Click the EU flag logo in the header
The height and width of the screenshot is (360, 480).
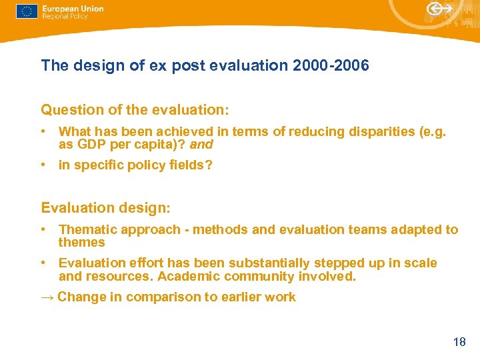[x=27, y=12]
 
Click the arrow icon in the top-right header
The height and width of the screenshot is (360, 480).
[x=439, y=9]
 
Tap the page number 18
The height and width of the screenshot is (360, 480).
[x=459, y=342]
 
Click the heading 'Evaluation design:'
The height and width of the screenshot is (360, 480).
[x=106, y=208]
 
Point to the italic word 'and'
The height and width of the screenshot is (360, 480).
[x=201, y=144]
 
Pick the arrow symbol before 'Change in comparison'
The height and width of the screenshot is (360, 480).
[x=47, y=297]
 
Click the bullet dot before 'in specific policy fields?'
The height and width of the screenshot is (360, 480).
[x=43, y=165]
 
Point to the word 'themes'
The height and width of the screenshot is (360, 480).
[x=81, y=243]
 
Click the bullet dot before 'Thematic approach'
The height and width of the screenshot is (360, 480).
[x=43, y=229]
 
